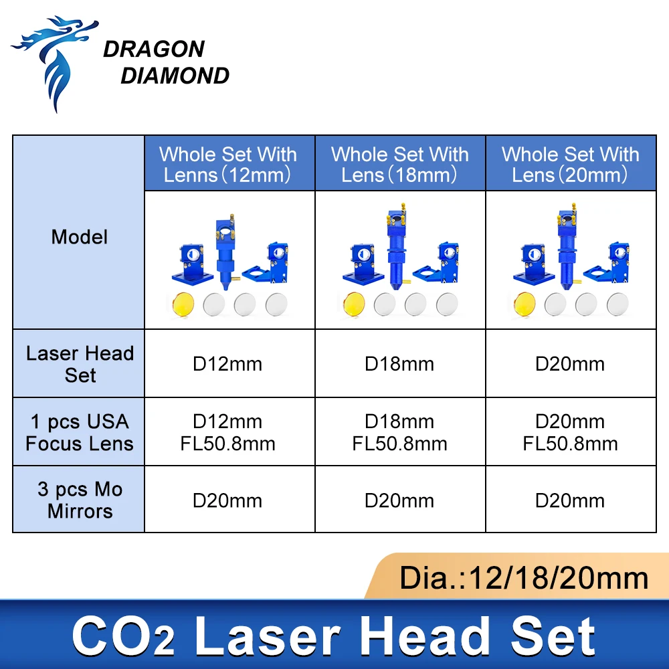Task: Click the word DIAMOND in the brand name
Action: point(175,76)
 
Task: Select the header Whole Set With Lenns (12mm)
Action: point(227,164)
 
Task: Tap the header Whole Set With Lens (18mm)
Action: point(399,164)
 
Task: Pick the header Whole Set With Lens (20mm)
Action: point(571,164)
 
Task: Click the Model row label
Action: point(79,237)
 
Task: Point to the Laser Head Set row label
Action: point(80,364)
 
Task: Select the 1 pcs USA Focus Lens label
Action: point(80,432)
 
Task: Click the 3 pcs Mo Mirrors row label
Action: point(80,500)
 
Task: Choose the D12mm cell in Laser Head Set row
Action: point(227,364)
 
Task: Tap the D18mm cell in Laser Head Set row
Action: point(399,364)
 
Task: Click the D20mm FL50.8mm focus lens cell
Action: point(571,432)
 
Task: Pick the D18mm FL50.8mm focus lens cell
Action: point(399,432)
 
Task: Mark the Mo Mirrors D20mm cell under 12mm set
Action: point(227,500)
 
